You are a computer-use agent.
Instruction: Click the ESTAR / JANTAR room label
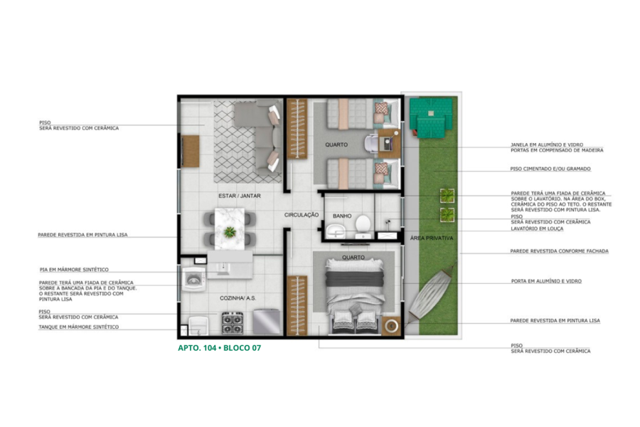coord(239,196)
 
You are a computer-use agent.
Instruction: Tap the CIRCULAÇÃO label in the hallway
coord(302,215)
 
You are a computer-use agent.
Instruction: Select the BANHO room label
coord(342,216)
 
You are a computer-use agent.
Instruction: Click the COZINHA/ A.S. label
coord(238,298)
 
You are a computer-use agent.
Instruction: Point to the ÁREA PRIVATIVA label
coord(432,238)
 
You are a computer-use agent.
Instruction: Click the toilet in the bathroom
coord(363,227)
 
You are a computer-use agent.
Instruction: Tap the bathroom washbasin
coord(336,231)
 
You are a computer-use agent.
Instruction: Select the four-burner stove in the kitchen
coord(233,323)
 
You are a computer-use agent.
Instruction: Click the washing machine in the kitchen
coord(193,280)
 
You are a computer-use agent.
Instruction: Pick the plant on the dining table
coord(230,232)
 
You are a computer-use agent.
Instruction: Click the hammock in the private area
coord(432,293)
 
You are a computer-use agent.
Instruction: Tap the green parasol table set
coord(431,117)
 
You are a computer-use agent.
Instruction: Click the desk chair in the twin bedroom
coord(371,144)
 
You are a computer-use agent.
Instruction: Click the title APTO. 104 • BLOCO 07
coord(219,348)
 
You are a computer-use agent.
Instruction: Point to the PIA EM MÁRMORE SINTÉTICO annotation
coord(74,270)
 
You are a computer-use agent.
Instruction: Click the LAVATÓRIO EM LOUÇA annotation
coord(537,229)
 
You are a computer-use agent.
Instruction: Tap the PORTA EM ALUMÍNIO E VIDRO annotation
coord(547,281)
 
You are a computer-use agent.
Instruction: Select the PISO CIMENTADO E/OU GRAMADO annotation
coord(550,169)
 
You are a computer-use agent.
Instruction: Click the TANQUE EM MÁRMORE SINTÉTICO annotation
coord(79,327)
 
